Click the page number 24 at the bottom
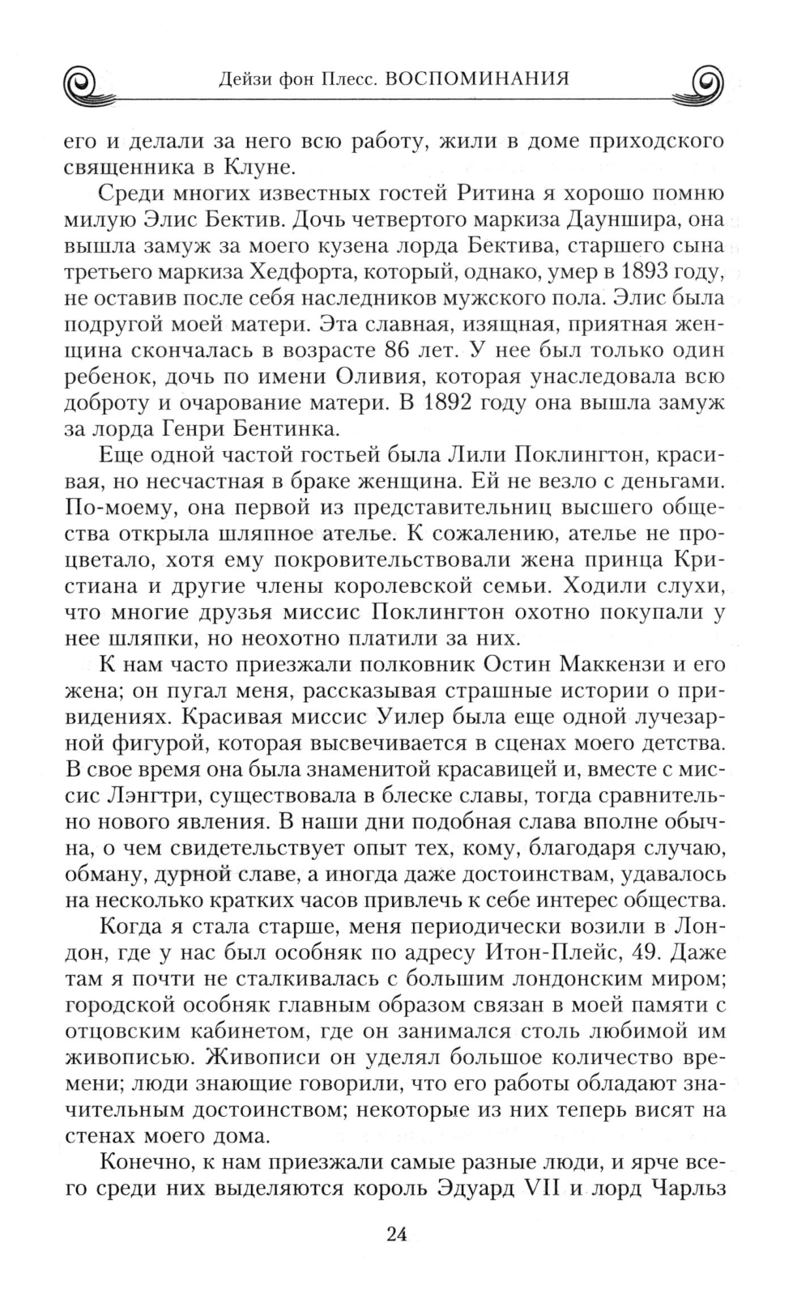396,1234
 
